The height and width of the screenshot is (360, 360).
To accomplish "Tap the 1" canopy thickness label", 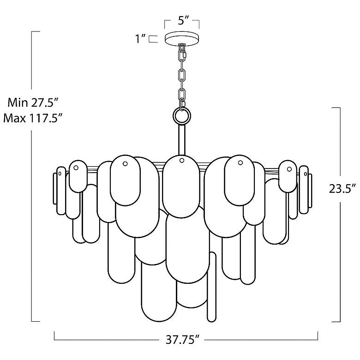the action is click(140, 39).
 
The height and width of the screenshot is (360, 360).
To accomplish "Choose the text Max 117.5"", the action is click(33, 119).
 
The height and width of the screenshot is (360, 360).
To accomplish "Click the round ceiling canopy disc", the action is click(182, 38).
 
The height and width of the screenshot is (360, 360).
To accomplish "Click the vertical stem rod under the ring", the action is click(181, 140).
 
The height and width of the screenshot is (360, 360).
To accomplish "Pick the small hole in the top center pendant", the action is click(181, 160).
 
